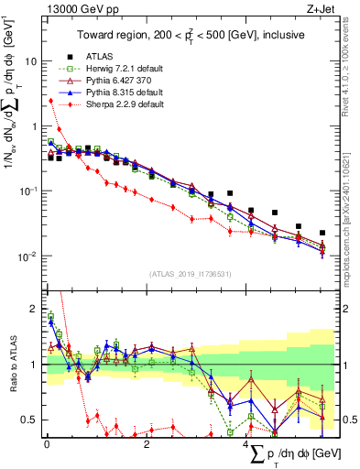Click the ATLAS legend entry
[101, 56]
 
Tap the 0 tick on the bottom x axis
[47, 444]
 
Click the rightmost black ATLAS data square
[322, 233]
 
